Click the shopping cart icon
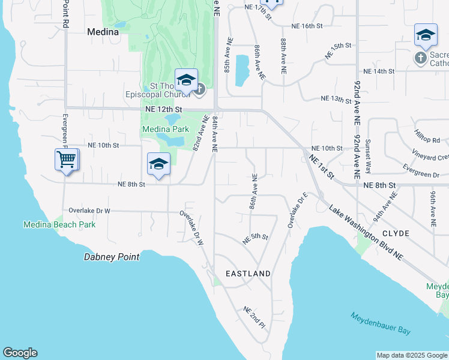[x=66, y=160]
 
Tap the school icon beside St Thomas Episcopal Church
[x=186, y=80]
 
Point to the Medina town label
[x=103, y=32]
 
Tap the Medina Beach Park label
[x=59, y=224]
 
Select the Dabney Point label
[x=111, y=257]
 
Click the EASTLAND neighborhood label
[x=248, y=274]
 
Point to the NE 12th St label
[x=163, y=110]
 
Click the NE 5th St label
[x=255, y=238]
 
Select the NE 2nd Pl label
[x=254, y=317]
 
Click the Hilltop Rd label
[x=427, y=136]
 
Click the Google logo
[x=20, y=353]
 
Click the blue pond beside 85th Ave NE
[x=243, y=71]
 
